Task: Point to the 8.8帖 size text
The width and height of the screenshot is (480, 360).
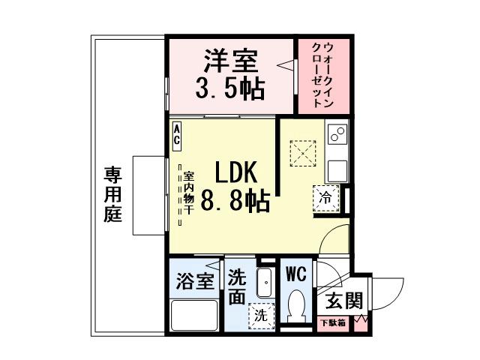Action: (235, 202)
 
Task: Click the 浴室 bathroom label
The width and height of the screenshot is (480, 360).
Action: (196, 281)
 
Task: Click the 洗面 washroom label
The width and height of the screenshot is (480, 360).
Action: (237, 286)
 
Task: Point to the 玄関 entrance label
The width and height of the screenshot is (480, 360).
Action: (344, 301)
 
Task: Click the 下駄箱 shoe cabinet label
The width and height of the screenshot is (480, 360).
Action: (333, 323)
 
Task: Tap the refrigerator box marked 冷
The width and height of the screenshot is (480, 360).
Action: (326, 199)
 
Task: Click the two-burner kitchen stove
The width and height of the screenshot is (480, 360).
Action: (337, 135)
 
